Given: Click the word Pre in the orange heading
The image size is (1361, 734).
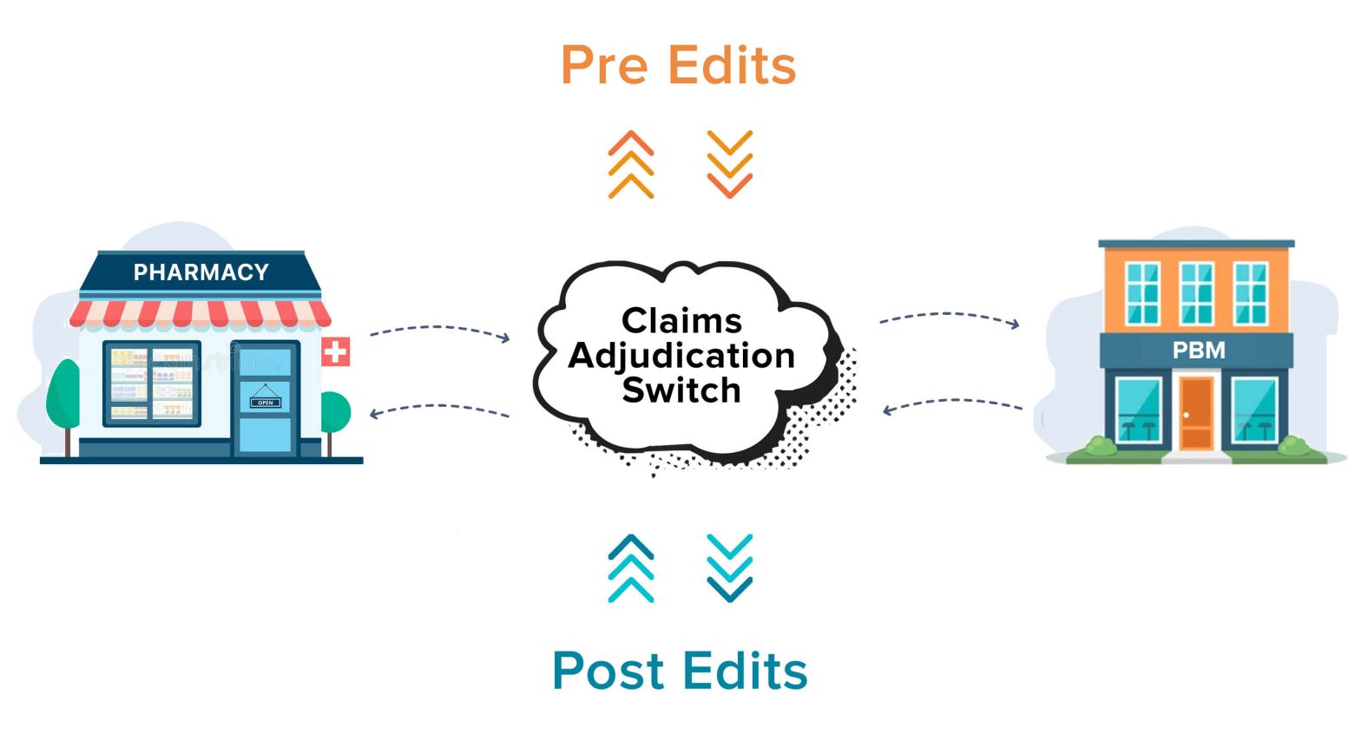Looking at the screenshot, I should [604, 66].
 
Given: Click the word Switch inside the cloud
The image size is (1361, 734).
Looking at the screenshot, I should [681, 390].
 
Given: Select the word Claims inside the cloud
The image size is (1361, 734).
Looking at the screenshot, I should [681, 321].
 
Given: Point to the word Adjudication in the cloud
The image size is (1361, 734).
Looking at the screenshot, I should [681, 356].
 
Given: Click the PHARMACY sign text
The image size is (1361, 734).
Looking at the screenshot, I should [201, 272].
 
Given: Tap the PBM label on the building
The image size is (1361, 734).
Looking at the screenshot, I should [1199, 351].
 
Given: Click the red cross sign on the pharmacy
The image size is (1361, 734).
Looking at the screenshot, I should [335, 351].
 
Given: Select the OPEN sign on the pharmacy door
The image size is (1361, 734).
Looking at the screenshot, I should [266, 402].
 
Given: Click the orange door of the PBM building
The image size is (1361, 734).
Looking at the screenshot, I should [1196, 413].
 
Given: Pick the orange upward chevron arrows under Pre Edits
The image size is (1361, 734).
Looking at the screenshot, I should [631, 165].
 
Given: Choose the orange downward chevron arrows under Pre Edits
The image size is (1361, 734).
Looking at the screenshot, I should [729, 165].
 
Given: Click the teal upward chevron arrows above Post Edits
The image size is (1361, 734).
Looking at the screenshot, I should [631, 568].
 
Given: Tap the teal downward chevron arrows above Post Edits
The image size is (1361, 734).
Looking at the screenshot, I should [729, 568].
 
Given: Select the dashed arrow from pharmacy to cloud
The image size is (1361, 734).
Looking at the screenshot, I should [439, 329].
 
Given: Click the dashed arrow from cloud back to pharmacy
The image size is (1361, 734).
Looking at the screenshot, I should [439, 407].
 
